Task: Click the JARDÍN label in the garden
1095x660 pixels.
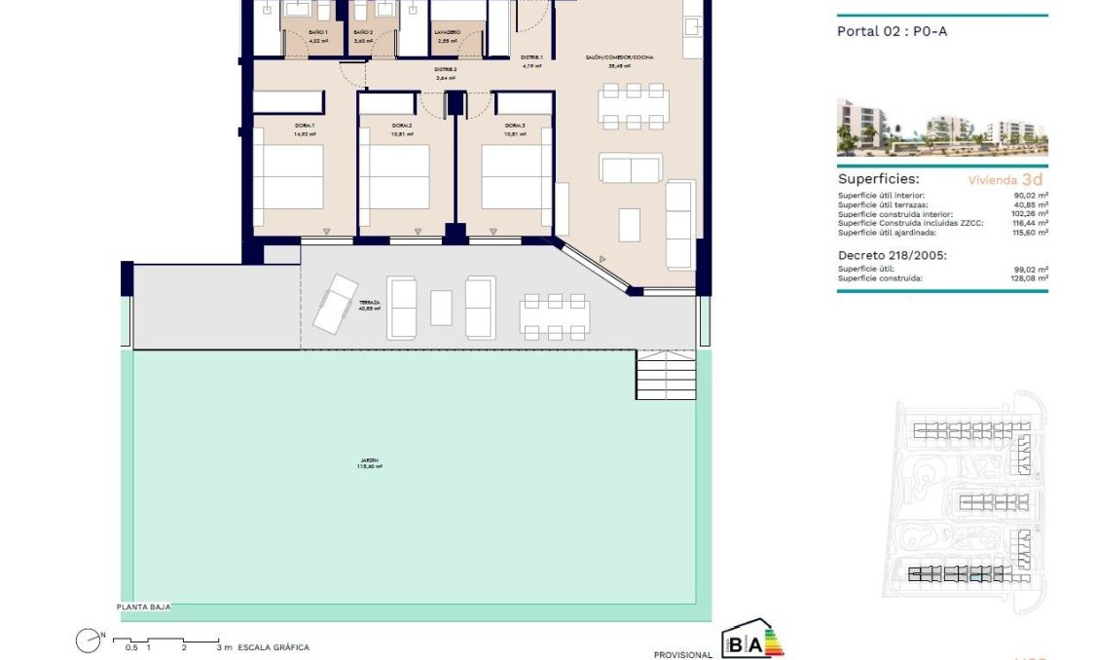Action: (367, 459)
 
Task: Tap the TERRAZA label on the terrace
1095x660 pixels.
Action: (369, 303)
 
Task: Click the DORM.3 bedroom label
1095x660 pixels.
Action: (515, 126)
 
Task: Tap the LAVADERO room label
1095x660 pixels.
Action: (448, 32)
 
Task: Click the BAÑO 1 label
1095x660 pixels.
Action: (318, 32)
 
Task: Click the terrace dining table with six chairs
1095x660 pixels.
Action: (554, 315)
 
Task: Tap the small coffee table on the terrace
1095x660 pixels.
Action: (441, 308)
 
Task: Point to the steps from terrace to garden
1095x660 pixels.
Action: (667, 374)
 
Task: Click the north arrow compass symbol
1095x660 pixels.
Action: (90, 640)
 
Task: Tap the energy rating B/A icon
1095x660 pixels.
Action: (751, 642)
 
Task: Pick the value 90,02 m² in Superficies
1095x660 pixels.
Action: (1030, 196)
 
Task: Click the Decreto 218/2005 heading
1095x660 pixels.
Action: (892, 255)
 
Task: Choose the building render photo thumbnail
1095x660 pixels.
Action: (941, 128)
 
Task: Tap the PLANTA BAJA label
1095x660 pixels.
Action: (144, 606)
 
